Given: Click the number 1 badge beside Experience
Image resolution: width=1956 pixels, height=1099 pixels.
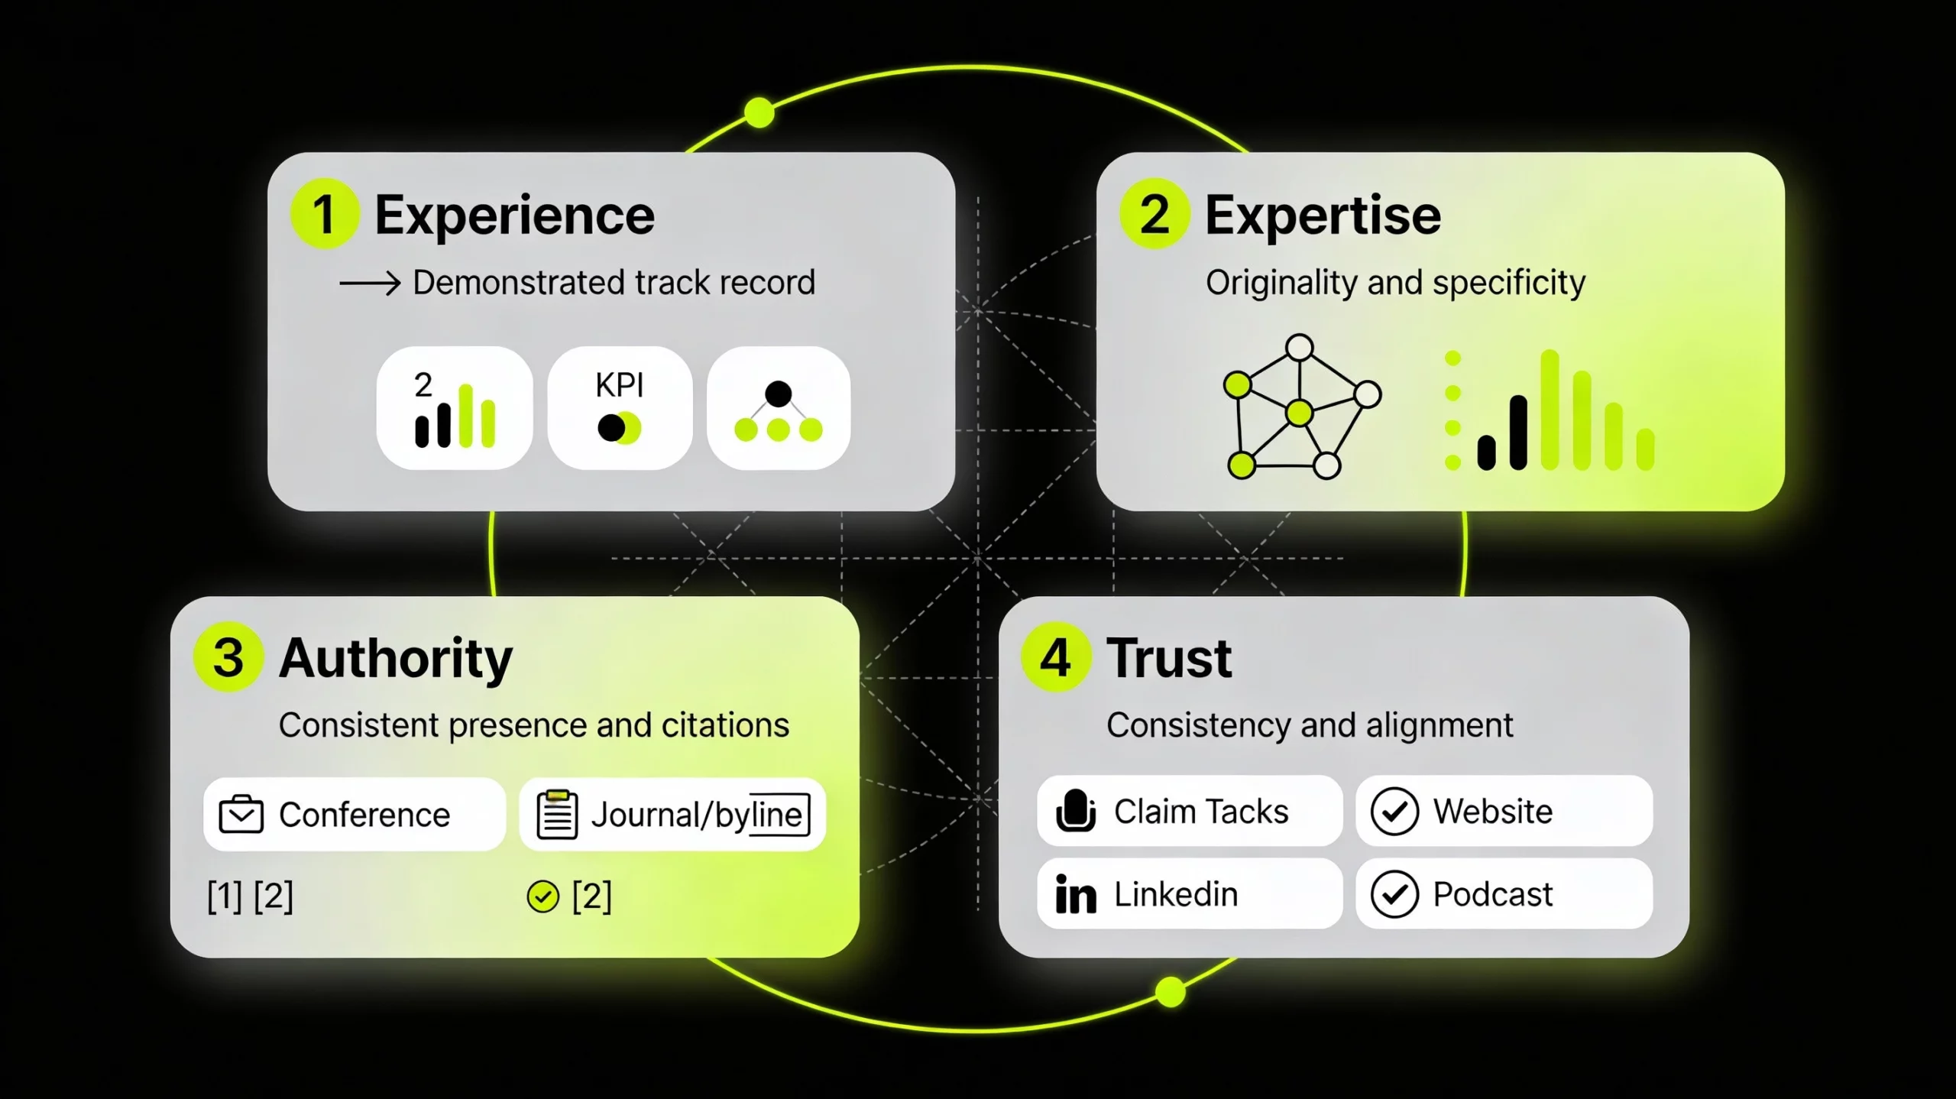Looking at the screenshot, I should tap(325, 214).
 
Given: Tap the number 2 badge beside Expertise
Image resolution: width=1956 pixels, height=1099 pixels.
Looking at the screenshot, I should tap(1154, 214).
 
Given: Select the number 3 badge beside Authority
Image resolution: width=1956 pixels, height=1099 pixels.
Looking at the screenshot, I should tap(228, 657).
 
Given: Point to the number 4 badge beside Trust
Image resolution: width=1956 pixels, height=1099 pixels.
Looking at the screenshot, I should tap(1056, 657).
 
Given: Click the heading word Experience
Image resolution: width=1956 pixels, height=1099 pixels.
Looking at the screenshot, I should tap(514, 216).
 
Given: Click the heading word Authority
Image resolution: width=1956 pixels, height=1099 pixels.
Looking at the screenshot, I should tap(396, 658).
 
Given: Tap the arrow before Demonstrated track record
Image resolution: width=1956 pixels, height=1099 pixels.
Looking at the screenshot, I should tap(371, 284).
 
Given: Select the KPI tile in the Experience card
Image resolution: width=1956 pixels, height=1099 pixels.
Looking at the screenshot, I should tap(620, 407).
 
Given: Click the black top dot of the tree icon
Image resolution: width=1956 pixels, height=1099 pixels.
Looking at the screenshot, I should tap(778, 394).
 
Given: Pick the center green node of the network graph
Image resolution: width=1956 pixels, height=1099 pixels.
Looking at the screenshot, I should tap(1299, 413).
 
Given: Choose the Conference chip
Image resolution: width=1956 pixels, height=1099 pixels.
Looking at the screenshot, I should tap(354, 815).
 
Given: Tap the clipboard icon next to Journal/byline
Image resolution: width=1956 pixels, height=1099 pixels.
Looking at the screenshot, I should tap(557, 815).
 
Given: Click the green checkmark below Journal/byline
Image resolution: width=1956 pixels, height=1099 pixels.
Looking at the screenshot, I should tap(542, 896).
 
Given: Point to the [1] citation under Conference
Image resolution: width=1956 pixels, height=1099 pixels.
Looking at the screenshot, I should tap(225, 896).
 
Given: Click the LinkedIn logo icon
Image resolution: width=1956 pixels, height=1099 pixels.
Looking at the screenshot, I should tap(1076, 894).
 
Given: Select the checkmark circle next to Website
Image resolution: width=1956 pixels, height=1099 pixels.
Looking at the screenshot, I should tap(1394, 811).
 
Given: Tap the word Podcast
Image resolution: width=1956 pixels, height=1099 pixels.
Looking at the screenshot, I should tap(1492, 894).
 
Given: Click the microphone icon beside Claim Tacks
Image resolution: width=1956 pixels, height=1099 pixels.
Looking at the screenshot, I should tap(1076, 811).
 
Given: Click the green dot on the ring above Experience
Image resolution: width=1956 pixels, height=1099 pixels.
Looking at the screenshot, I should tap(759, 113).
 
